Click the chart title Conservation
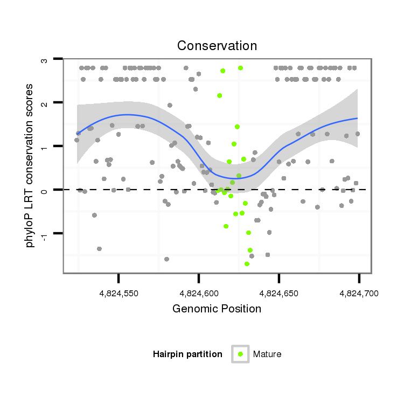217,46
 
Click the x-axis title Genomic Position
217,309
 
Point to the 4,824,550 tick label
119,293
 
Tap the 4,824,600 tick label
199,293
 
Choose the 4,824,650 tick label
278,293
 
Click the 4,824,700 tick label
359,293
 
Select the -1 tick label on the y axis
45,233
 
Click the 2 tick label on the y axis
45,102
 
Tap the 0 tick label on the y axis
45,190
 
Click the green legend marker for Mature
240,354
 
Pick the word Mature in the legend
267,354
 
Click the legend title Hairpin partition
187,354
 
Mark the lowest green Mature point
247,263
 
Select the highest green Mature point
240,68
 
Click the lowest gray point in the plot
166,259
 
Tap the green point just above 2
220,95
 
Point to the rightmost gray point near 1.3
357,134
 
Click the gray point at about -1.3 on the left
99,248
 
